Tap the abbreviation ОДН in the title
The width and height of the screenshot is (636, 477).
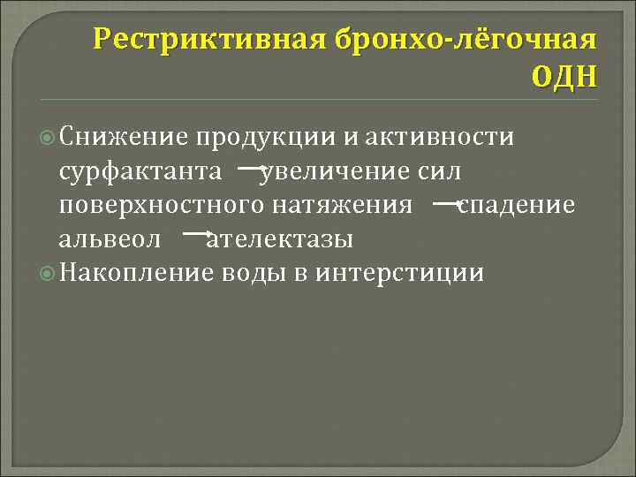pos(564,78)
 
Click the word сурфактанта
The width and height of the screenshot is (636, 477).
pos(140,171)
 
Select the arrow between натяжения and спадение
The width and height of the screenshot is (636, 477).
pos(448,202)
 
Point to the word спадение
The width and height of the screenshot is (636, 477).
pos(517,206)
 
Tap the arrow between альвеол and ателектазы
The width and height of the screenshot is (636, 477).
pos(197,235)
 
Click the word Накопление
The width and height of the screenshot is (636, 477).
pos(138,273)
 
